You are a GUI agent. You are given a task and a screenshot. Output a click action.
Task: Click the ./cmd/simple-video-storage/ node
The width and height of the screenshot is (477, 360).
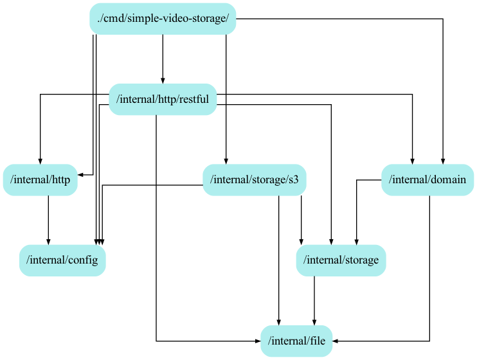(x=163, y=19)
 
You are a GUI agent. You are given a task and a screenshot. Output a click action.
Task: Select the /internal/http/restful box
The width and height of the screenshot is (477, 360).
(x=162, y=100)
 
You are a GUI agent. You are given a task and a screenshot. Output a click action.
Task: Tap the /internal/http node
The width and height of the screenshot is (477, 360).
(x=40, y=180)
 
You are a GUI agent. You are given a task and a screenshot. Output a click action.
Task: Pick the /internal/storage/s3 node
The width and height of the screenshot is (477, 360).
(x=254, y=180)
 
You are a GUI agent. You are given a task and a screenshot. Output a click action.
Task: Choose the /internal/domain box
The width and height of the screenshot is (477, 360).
(x=428, y=180)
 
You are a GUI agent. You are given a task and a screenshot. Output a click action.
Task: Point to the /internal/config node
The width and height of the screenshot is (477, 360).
(x=62, y=260)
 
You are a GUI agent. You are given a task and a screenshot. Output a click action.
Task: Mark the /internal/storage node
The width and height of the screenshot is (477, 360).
(x=341, y=260)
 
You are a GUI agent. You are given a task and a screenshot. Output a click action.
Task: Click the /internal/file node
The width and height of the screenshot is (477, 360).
(x=296, y=341)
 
